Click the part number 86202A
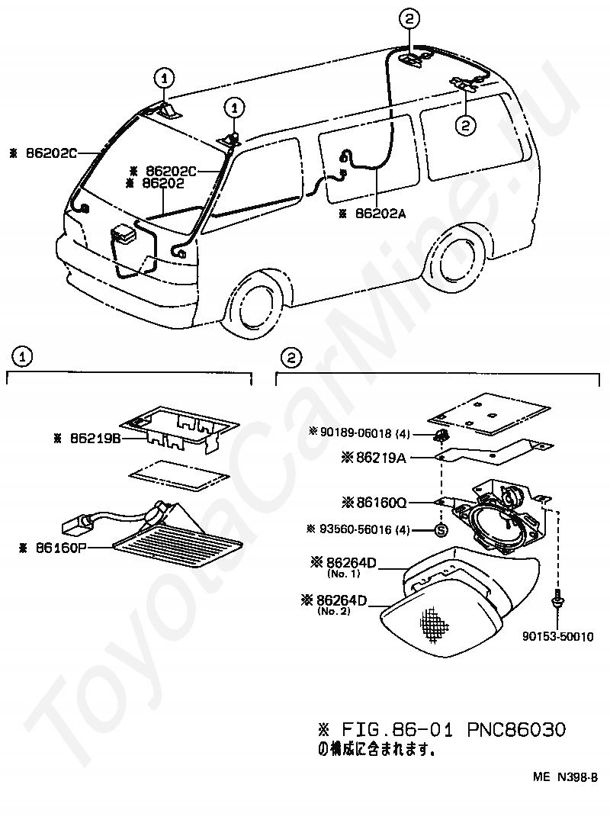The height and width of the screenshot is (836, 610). point(380,214)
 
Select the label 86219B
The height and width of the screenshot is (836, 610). point(94,439)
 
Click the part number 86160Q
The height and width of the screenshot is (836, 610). point(384,503)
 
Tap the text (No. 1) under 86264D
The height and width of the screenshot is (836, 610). point(339,572)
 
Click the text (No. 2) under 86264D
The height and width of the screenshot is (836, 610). point(336,611)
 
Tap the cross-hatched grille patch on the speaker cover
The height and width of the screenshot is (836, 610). point(434,623)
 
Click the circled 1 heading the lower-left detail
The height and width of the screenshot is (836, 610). point(24,355)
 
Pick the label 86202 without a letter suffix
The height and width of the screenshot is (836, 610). point(163,183)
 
